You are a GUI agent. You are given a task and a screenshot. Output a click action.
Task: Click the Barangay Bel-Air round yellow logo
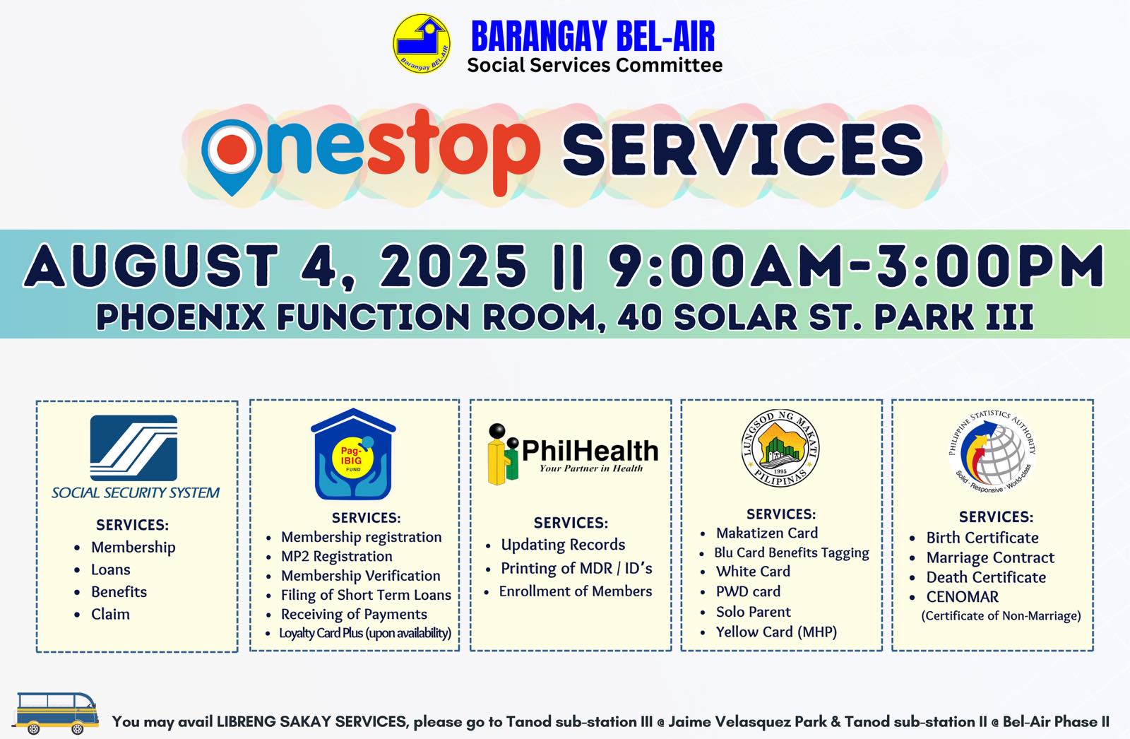click(x=421, y=43)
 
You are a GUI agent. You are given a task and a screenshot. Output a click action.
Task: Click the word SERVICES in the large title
click(x=742, y=150)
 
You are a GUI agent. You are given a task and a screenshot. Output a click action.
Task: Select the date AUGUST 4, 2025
click(x=275, y=267)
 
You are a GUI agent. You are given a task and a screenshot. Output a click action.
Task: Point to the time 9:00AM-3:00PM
click(x=857, y=266)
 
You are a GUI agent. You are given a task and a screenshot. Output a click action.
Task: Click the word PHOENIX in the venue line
click(x=181, y=317)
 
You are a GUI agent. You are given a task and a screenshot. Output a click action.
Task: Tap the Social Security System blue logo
click(x=133, y=448)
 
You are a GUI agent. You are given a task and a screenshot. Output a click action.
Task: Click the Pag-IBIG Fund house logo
click(x=353, y=454)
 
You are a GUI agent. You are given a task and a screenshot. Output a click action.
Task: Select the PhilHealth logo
click(x=573, y=454)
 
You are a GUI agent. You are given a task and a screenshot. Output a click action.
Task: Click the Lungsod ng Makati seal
click(x=780, y=448)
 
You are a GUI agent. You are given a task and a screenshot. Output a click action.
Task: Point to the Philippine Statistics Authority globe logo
click(x=992, y=451)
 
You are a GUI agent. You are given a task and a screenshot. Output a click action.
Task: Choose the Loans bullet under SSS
click(x=110, y=569)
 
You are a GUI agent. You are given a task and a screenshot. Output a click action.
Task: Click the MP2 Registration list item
click(x=336, y=556)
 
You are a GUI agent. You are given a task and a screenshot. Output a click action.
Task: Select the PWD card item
click(x=748, y=591)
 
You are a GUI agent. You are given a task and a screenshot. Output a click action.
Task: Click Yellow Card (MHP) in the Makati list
click(x=776, y=632)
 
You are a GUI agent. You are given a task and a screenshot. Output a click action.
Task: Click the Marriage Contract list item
click(x=990, y=558)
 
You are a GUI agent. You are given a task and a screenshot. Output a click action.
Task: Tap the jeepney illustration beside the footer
click(x=56, y=713)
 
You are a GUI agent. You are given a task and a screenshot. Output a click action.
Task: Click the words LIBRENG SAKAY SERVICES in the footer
click(x=311, y=721)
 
